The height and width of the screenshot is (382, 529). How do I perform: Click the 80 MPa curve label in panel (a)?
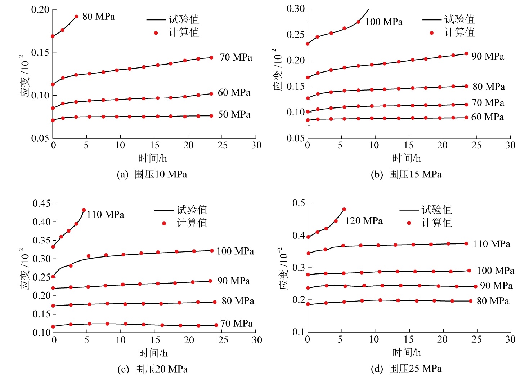98,17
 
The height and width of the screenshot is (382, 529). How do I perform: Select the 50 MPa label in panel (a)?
234,114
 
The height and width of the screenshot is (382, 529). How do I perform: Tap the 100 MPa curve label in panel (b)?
384,22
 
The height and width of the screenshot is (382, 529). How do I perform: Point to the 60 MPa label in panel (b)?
487,117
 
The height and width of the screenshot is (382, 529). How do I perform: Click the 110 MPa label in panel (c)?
105,215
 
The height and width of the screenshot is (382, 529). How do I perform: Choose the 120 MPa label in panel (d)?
364,221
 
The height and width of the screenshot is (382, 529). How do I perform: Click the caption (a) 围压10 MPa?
152,175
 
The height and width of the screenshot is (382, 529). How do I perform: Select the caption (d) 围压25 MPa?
406,369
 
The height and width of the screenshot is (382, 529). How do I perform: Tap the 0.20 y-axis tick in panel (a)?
40,10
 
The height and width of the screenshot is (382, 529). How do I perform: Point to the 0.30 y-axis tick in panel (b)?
295,9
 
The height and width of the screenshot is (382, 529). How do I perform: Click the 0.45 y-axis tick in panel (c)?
42,203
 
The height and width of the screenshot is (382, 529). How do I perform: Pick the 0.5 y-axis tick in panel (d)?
299,203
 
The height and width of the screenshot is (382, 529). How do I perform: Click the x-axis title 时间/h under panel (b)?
406,158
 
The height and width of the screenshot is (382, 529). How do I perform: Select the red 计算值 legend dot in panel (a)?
156,33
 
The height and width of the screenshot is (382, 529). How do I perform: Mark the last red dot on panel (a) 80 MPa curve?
76,17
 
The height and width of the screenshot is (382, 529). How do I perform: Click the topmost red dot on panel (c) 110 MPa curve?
84,210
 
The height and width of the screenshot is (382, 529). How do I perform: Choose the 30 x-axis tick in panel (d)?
510,339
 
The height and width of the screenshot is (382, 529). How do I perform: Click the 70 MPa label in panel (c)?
236,323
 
